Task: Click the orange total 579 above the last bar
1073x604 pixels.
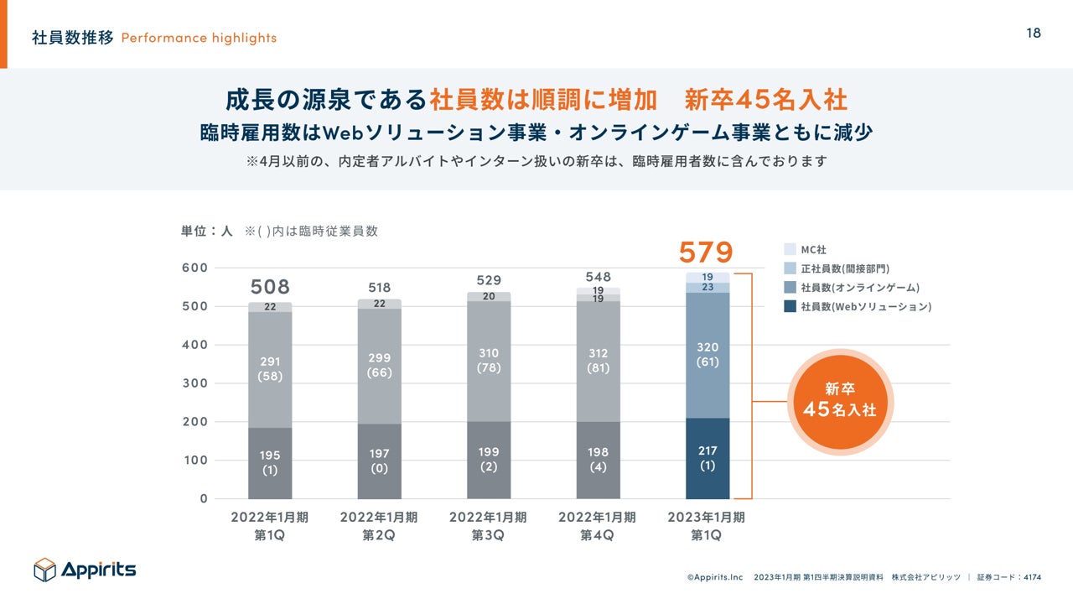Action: point(706,252)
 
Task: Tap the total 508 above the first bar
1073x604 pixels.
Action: point(270,287)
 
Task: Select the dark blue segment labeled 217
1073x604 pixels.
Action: point(708,458)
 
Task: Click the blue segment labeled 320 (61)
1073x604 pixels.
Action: point(708,354)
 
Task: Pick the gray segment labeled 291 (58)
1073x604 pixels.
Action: point(270,368)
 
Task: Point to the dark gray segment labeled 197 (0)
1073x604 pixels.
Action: point(379,461)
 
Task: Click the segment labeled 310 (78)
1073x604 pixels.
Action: point(489,361)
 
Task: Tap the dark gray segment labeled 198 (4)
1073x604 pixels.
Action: point(599,460)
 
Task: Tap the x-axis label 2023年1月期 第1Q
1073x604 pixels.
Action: point(706,526)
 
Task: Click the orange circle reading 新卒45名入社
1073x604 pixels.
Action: point(839,402)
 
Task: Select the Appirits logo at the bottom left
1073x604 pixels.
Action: point(85,570)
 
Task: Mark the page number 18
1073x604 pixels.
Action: point(1034,33)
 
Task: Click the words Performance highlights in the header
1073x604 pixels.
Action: point(199,38)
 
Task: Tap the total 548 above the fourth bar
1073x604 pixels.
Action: point(599,277)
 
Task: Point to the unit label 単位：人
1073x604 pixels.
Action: point(206,231)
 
